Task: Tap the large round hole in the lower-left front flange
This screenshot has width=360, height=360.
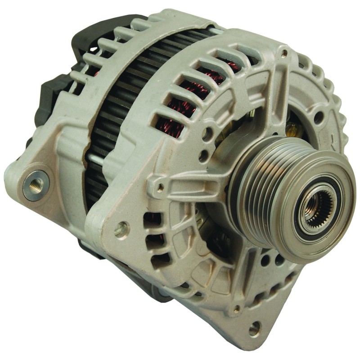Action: pyautogui.click(x=121, y=229)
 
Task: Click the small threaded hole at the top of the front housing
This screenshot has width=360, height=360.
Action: pyautogui.click(x=284, y=54)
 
